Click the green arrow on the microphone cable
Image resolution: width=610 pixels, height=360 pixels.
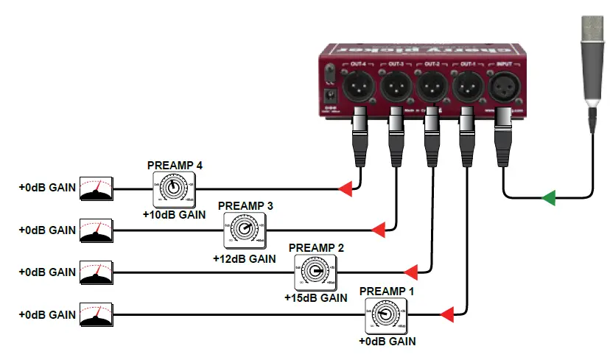pyautogui.click(x=548, y=197)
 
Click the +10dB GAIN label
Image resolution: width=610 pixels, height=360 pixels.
pyautogui.click(x=173, y=216)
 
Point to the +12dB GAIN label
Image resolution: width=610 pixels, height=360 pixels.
pyautogui.click(x=244, y=258)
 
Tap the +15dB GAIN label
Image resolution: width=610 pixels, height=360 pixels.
pyautogui.click(x=315, y=299)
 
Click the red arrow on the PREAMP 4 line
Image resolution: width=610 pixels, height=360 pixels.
pyautogui.click(x=345, y=190)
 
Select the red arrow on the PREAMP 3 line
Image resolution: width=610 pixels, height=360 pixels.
pyautogui.click(x=379, y=231)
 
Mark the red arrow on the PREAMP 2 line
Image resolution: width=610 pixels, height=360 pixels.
pyautogui.click(x=413, y=272)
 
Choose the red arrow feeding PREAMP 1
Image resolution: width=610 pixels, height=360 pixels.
pyautogui.click(x=447, y=315)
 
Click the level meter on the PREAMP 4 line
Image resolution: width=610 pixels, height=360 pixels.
pyautogui.click(x=97, y=189)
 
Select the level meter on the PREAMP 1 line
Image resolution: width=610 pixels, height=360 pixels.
pyautogui.click(x=97, y=315)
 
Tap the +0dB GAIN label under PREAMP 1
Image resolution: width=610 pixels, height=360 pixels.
pyautogui.click(x=387, y=342)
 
